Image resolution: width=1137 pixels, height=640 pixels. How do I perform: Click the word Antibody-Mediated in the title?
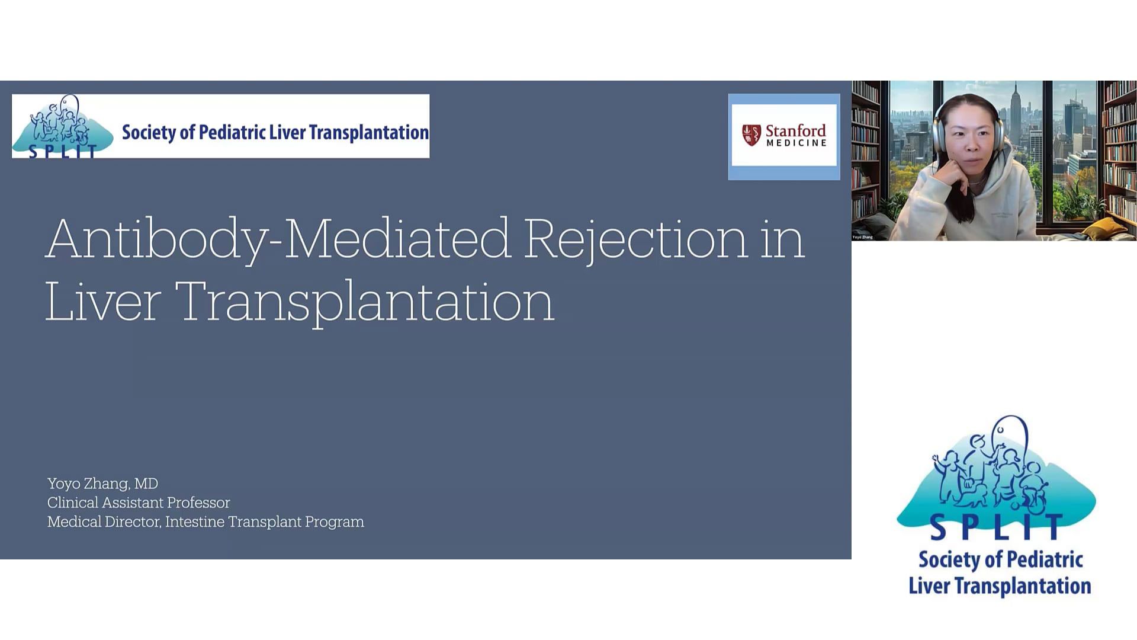pos(278,239)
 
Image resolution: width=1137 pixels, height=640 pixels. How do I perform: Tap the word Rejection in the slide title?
pos(635,239)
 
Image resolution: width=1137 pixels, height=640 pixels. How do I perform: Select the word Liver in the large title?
pos(103,301)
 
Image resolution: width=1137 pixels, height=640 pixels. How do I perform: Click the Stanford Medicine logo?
pos(784,135)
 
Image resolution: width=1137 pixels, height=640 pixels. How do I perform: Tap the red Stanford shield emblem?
pos(751,135)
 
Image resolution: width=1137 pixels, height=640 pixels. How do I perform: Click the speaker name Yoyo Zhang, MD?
pos(102,484)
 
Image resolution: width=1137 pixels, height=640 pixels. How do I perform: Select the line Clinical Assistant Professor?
pos(139,503)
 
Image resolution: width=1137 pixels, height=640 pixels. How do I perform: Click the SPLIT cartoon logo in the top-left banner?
pos(63,127)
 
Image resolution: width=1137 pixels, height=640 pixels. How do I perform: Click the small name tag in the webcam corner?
pos(863,237)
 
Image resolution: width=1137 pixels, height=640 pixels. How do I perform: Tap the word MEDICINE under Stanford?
pos(796,143)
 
